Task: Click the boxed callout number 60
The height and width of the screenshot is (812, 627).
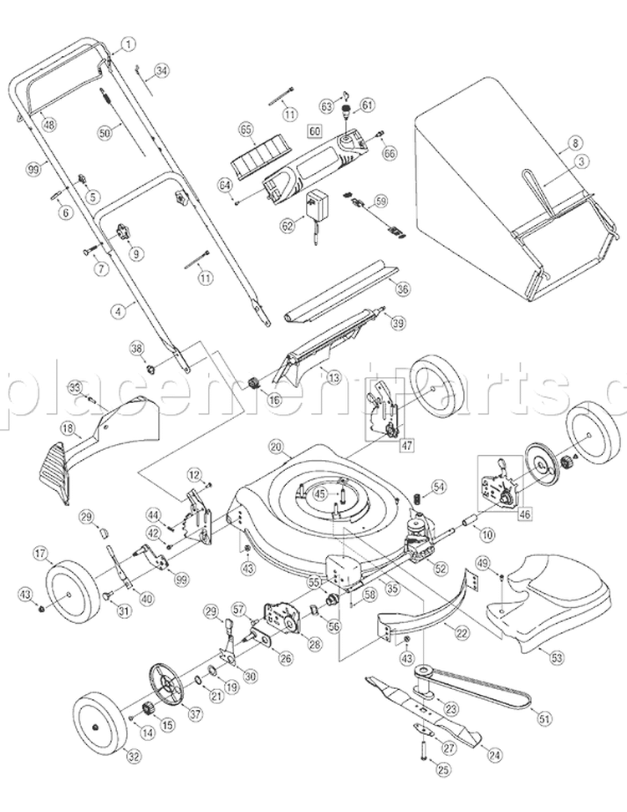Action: point(315,131)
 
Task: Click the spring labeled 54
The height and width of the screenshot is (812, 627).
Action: point(413,499)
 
